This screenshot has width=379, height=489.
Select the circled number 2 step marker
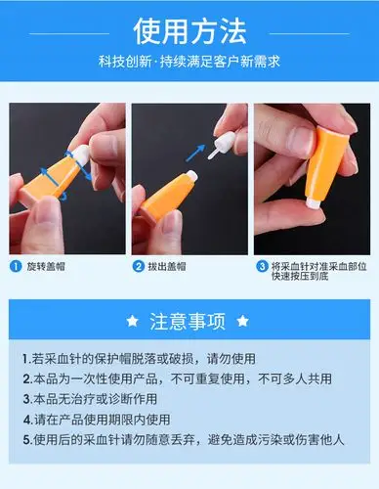(139, 264)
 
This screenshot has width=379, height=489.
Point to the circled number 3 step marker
(263, 264)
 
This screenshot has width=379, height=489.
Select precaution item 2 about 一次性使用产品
(183, 378)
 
